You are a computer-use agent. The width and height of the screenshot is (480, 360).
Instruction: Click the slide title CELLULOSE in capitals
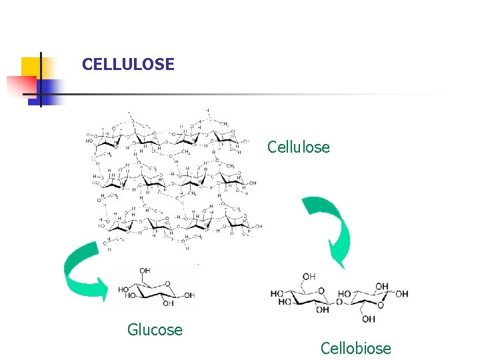[x=128, y=65]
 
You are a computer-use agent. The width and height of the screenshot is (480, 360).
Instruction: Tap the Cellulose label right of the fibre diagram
[x=298, y=147]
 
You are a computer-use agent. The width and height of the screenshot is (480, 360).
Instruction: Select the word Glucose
[x=155, y=329]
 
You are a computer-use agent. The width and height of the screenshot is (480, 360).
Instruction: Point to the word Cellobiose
[x=355, y=348]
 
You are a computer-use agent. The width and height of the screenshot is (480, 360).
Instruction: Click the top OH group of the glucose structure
[x=145, y=271]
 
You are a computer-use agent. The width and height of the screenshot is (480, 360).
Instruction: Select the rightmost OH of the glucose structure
[x=189, y=295]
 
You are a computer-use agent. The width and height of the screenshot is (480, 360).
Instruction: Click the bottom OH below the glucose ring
[x=167, y=304]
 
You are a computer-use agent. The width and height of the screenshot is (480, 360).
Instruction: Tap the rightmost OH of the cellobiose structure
[x=402, y=294]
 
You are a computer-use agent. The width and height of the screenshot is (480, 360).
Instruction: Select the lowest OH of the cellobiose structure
[x=369, y=319]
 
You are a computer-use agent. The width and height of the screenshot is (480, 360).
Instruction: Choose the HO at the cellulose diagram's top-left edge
[x=89, y=141]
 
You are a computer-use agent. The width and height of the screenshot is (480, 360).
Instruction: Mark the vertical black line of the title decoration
[x=41, y=79]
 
